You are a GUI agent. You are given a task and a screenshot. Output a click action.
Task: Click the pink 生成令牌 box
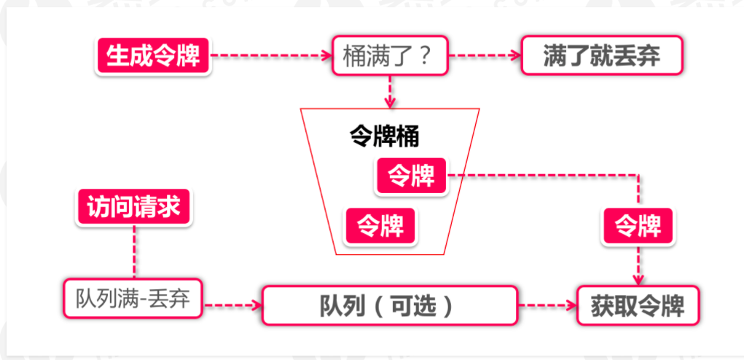[153, 55]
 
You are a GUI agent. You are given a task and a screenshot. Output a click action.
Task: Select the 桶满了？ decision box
[390, 55]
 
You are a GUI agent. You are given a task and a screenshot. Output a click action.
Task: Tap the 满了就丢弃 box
[602, 55]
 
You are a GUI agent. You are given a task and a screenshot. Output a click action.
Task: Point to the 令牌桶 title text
[385, 137]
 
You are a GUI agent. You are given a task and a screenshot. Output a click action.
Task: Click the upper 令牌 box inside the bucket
[411, 176]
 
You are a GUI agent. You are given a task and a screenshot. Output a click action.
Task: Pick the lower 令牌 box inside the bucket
[380, 225]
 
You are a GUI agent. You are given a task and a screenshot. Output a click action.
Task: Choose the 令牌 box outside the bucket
[638, 225]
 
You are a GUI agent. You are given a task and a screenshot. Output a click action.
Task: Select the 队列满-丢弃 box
[133, 299]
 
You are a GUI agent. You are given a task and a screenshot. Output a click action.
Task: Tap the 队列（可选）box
[390, 305]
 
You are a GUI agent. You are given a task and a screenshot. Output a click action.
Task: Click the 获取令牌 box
[638, 305]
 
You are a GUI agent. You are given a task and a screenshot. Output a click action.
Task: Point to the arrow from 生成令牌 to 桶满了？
[270, 55]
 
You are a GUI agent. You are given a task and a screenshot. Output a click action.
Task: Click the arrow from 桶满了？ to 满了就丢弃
[485, 55]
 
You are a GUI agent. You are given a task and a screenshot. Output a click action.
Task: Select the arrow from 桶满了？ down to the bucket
[391, 90]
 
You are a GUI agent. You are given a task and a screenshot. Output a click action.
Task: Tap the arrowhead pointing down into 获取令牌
[639, 279]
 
